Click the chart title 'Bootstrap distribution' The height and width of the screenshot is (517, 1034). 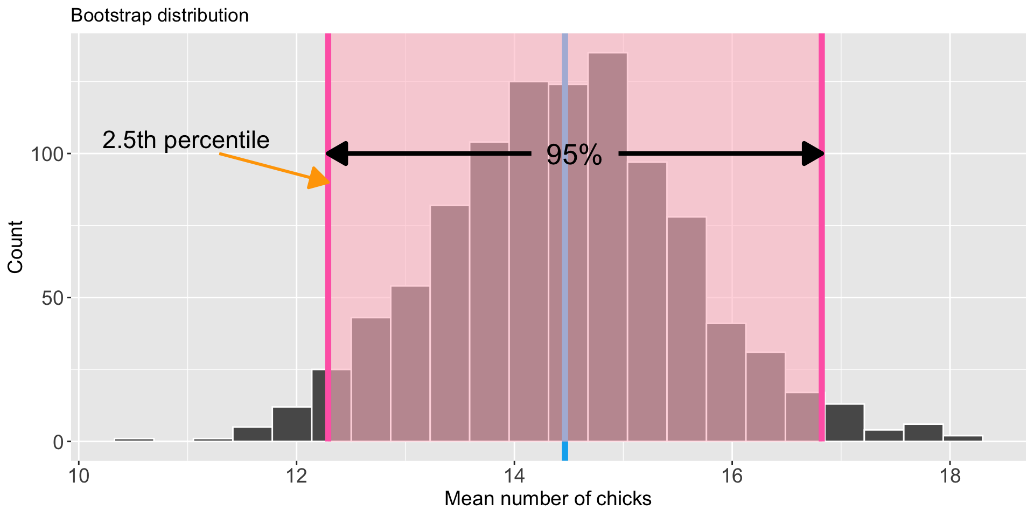click(159, 16)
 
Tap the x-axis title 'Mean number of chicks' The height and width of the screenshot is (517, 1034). click(548, 499)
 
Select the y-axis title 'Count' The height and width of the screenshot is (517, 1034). click(16, 247)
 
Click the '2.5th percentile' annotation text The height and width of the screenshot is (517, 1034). click(186, 141)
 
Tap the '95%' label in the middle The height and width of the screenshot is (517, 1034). click(574, 155)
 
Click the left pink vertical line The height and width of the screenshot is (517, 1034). click(328, 269)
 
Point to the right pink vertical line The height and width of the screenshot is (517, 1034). click(821, 269)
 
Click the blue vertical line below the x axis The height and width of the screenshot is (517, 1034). click(565, 451)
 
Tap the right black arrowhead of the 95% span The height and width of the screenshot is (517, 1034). click(812, 154)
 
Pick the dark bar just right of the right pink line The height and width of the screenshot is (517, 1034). click(844, 423)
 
